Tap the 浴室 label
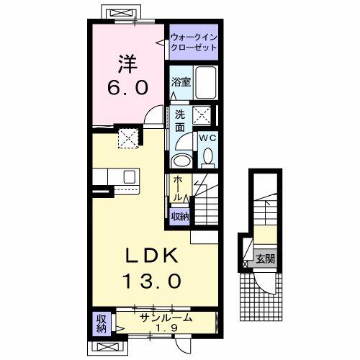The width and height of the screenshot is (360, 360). (180, 83)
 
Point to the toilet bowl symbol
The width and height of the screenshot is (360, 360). (209, 155)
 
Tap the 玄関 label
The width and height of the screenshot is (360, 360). (264, 258)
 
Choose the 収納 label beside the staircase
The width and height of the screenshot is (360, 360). (180, 215)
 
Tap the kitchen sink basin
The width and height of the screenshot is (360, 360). (130, 177)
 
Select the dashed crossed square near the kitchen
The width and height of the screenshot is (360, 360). (128, 136)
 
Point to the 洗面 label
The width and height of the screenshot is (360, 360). (180, 120)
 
